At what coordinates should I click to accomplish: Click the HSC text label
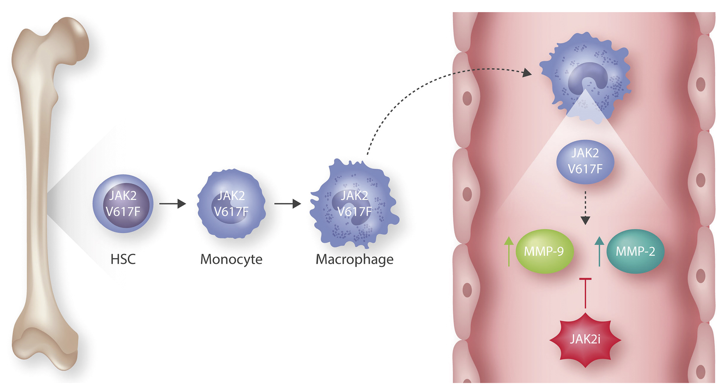[x=123, y=259]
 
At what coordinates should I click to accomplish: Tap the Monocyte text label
[x=231, y=259]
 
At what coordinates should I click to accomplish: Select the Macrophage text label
[x=354, y=259]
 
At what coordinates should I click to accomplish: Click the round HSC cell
[x=123, y=204]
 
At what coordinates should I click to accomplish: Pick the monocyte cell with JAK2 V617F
[x=231, y=204]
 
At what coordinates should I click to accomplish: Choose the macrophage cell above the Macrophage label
[x=354, y=204]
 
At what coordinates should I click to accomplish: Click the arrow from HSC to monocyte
[x=173, y=204]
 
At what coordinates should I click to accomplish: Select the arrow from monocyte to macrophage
[x=288, y=204]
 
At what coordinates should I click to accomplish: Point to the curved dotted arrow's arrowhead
[x=527, y=73]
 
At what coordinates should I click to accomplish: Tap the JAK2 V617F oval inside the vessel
[x=585, y=161]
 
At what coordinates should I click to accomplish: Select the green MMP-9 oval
[x=544, y=251]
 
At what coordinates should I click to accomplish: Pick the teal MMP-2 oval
[x=635, y=251]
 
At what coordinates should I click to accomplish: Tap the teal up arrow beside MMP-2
[x=599, y=251]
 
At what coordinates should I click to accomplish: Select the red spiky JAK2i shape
[x=585, y=340]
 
